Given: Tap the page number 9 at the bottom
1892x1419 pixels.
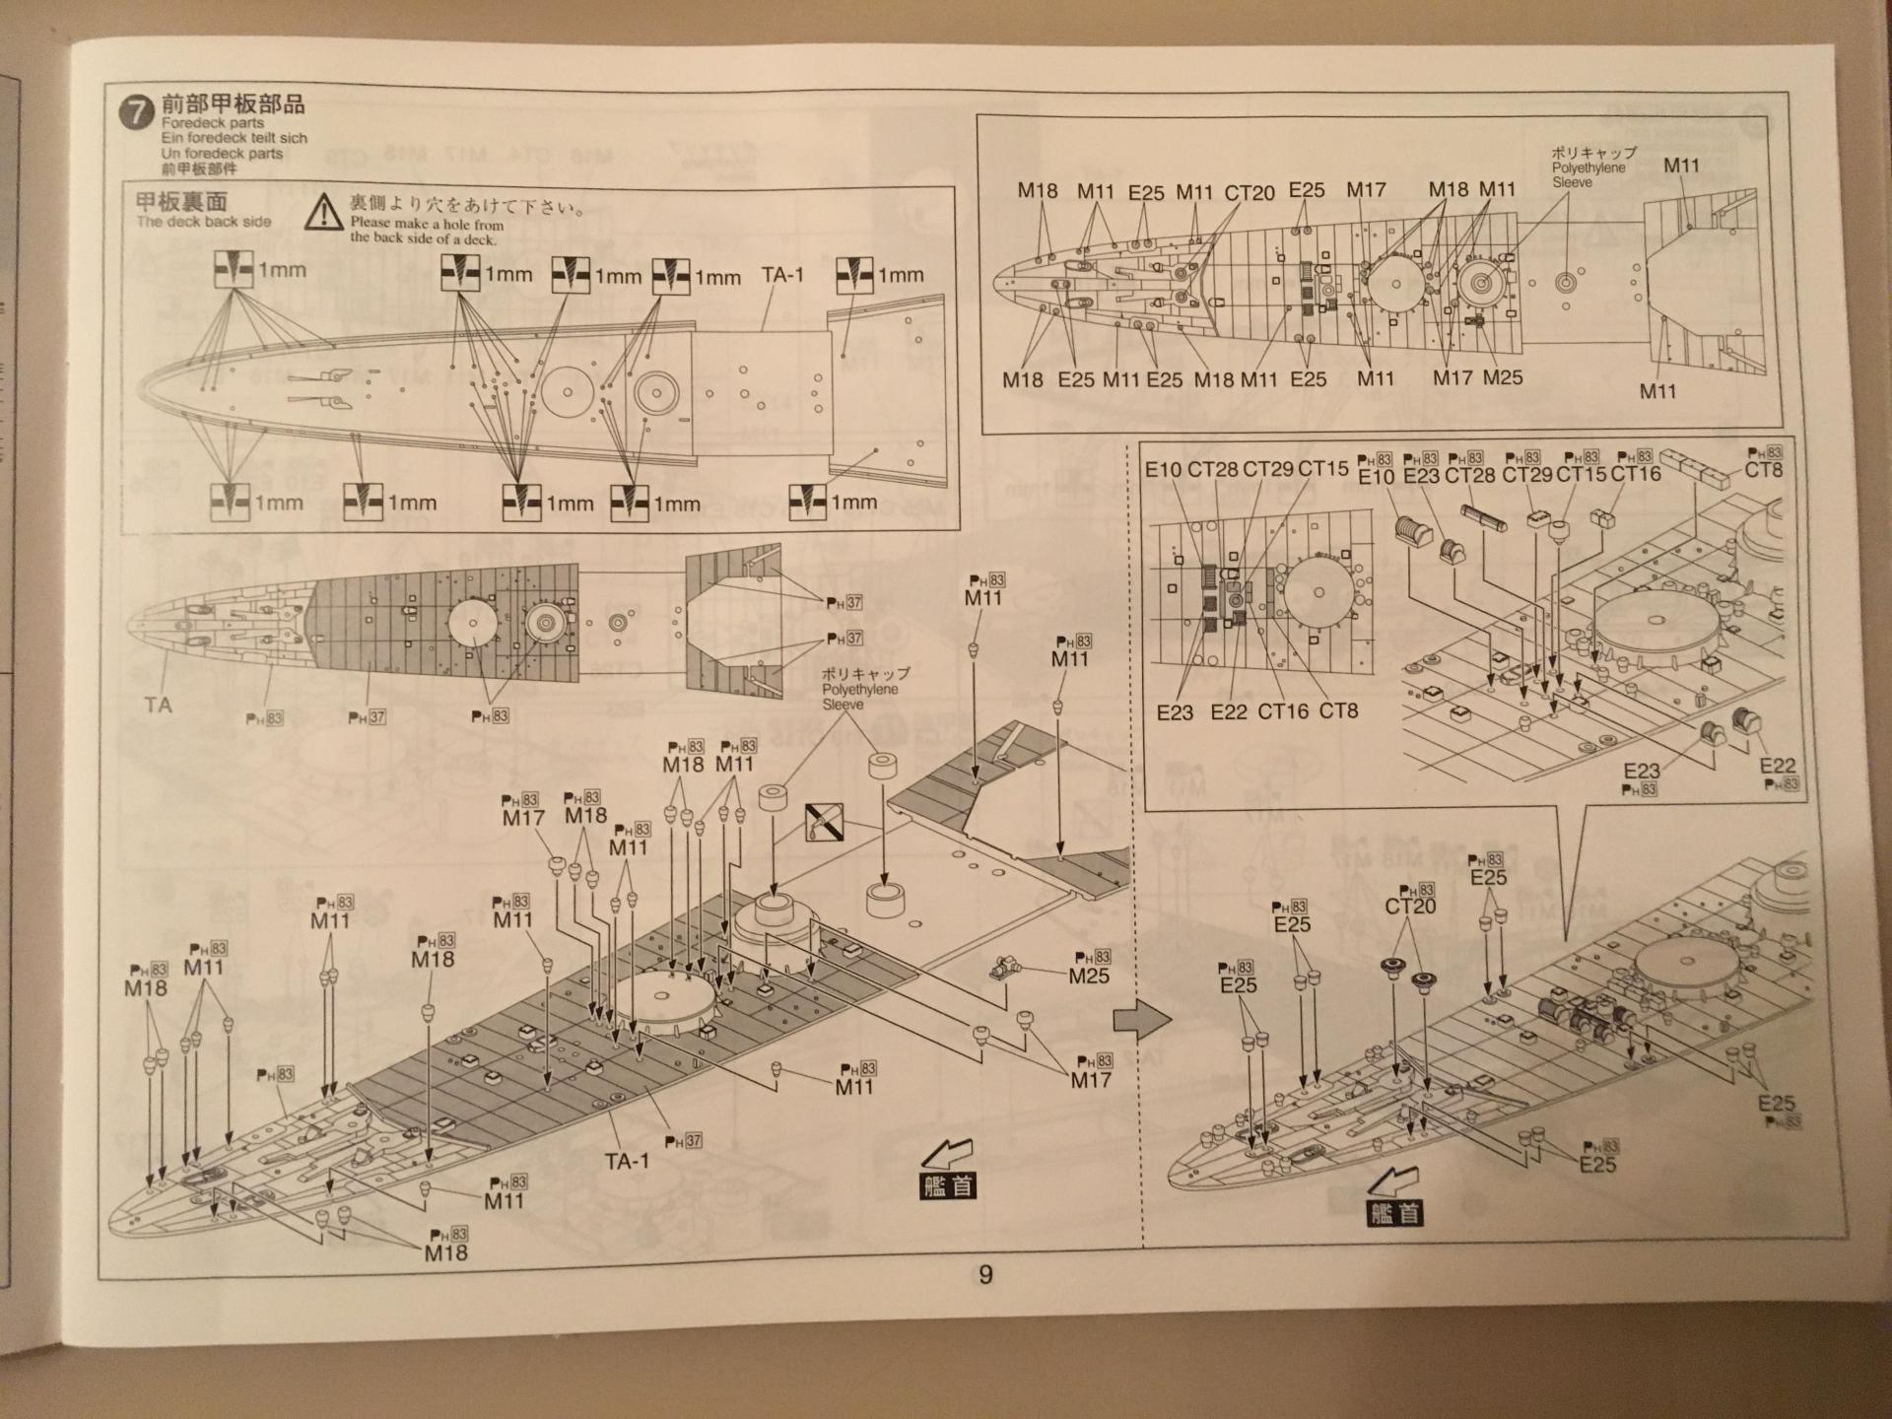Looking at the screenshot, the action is (984, 1275).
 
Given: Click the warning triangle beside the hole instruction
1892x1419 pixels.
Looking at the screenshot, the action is (322, 213).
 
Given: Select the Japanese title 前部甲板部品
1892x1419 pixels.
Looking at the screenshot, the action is (233, 103).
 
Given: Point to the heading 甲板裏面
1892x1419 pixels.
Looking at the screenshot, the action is (181, 202).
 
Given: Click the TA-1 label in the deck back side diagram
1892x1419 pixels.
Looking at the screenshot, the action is (782, 275).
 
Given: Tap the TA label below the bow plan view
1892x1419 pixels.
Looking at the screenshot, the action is (158, 705).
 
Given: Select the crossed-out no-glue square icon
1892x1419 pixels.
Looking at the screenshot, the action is (824, 821).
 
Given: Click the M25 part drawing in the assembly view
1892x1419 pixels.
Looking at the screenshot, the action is (1003, 968).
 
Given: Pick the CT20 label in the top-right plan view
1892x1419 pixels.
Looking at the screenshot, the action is (1250, 193).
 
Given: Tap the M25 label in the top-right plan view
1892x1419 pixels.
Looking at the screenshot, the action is (1503, 377).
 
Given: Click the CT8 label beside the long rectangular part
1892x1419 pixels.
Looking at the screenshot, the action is (1763, 470).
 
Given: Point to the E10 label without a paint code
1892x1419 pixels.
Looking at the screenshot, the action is (1163, 470).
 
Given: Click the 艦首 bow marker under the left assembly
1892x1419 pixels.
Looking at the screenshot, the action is (948, 1185).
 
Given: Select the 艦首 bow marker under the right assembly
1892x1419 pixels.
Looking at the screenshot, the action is (1395, 1213).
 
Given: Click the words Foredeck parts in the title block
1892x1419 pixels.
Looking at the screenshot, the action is (213, 123).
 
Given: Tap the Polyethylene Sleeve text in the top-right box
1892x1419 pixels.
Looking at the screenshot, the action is (1588, 174).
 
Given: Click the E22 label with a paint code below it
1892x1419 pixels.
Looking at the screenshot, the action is (1777, 766).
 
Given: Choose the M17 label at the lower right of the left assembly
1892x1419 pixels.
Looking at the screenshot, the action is (1091, 1080).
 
